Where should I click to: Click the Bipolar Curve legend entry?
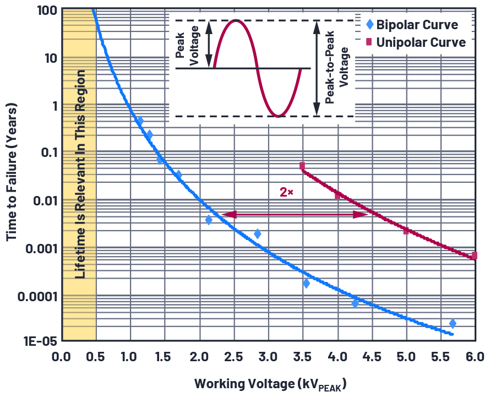point(417,25)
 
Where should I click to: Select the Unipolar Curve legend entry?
point(421,42)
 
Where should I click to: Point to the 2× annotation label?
point(286,192)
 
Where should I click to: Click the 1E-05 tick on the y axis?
point(40,341)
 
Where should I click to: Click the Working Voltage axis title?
point(270,384)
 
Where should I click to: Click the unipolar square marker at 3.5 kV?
point(302,166)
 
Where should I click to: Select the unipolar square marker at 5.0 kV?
point(406,231)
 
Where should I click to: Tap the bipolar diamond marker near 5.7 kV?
point(453,323)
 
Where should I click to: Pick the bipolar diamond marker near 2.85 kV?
point(257,234)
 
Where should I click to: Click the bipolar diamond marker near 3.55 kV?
point(306,284)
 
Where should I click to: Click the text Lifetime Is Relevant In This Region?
point(80,173)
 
